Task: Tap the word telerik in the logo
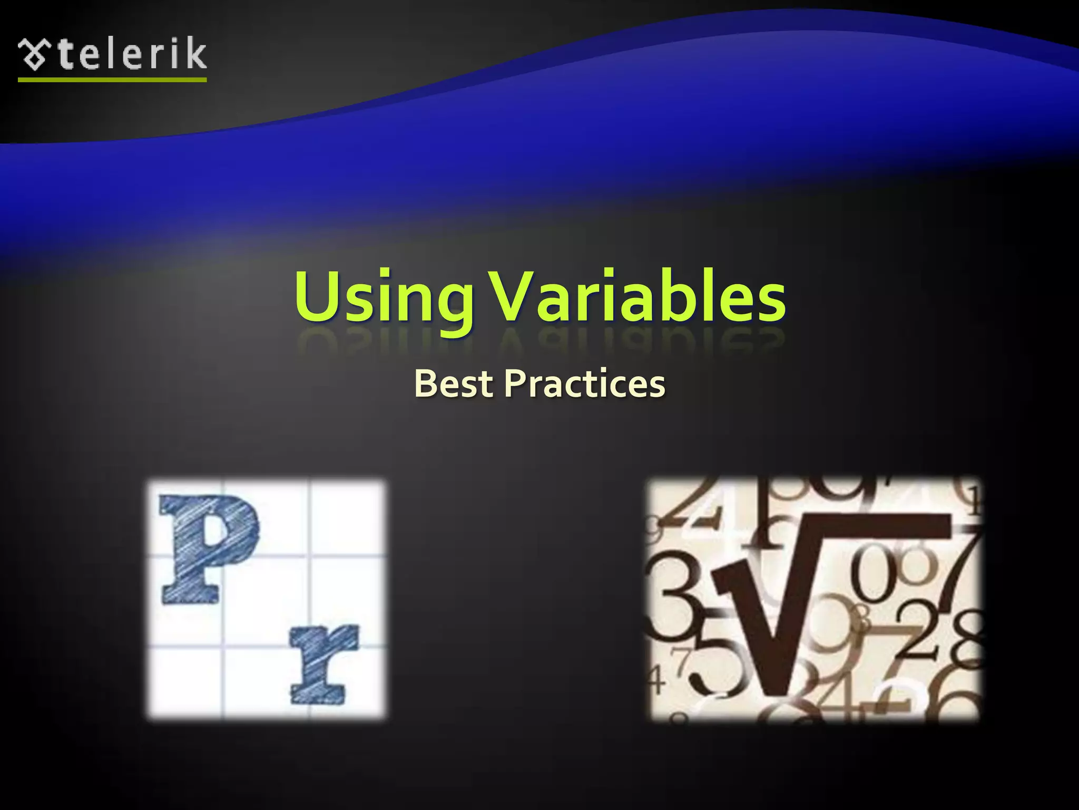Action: (132, 54)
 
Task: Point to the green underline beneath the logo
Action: (112, 80)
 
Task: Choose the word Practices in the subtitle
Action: (585, 383)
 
